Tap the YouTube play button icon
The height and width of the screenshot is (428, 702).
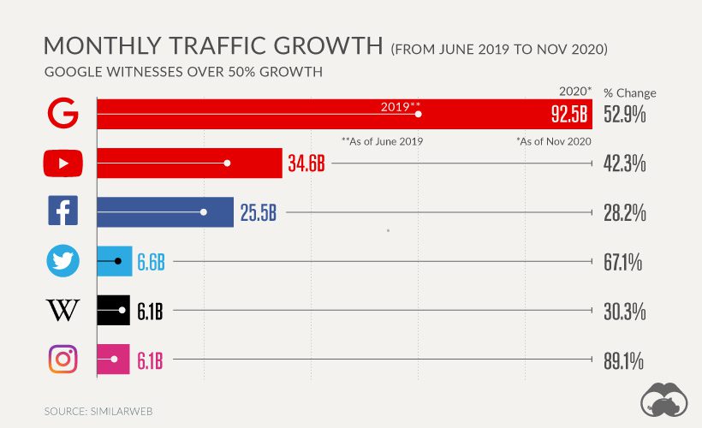coord(62,163)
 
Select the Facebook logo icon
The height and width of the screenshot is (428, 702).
coord(62,211)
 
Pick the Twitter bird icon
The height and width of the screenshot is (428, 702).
coord(62,261)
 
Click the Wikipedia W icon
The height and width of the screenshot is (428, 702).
coord(62,310)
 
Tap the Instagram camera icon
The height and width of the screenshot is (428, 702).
coord(62,359)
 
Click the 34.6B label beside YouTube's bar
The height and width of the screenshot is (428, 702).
coord(306,163)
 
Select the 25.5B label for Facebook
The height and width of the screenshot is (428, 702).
coord(258,212)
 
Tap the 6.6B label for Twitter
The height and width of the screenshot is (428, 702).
coord(151,262)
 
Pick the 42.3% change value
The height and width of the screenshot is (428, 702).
coord(624,163)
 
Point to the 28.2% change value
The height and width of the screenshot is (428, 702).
coord(624,212)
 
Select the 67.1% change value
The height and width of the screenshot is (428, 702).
coord(624,262)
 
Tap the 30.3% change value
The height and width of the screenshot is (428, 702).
coord(624,311)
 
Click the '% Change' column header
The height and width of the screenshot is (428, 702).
coord(629,92)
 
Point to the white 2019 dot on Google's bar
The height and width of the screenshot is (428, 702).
coord(419,114)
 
